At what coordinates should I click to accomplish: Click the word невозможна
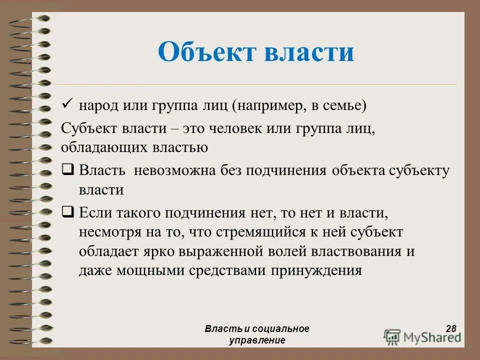click(174, 170)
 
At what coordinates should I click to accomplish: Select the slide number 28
click(451, 328)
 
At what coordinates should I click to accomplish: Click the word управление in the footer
click(257, 340)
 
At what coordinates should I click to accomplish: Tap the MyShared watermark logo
click(423, 336)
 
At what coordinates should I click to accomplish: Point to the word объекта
click(356, 170)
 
